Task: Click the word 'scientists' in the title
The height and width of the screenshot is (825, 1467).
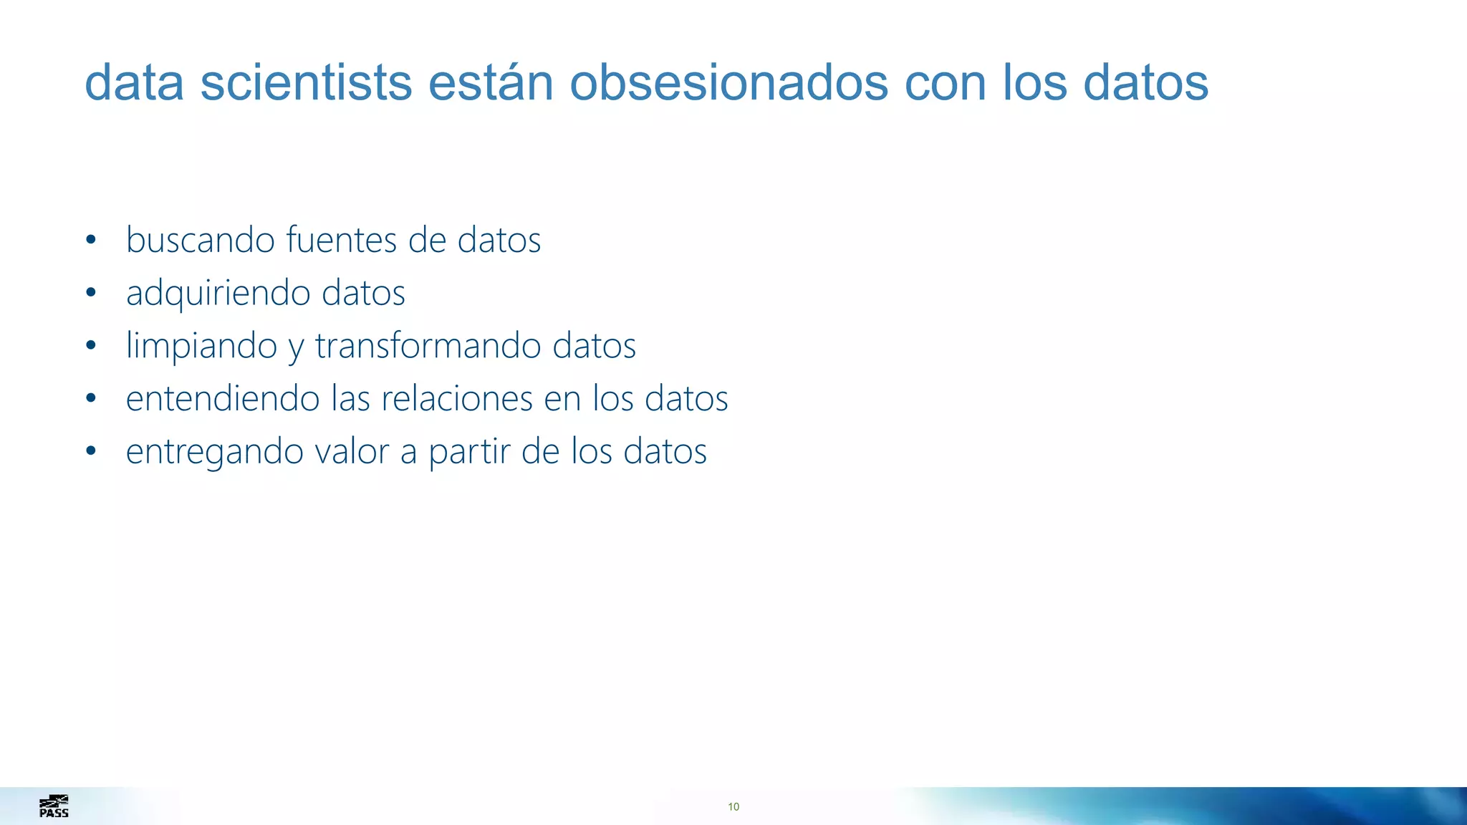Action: coord(306,82)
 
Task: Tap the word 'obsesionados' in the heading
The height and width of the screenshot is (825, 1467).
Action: coord(728,82)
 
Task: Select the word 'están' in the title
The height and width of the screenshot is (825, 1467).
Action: coord(491,82)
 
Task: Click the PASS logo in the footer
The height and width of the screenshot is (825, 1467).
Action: coord(54,806)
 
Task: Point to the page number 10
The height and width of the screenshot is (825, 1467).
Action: coord(733,807)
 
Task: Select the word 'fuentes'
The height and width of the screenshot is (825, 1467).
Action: coord(341,239)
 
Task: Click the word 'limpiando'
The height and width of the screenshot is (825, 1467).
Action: coord(201,346)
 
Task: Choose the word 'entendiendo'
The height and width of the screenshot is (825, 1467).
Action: coord(223,398)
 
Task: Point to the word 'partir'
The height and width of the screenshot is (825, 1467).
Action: coord(469,452)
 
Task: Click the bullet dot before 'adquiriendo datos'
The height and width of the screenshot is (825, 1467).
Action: coord(90,292)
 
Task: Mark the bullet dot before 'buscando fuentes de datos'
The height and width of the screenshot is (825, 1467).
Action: coord(90,239)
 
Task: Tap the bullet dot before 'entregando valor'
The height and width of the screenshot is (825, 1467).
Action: coord(90,451)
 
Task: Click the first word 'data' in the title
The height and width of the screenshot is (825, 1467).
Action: coord(135,82)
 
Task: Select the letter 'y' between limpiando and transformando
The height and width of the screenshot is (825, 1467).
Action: coord(296,348)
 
